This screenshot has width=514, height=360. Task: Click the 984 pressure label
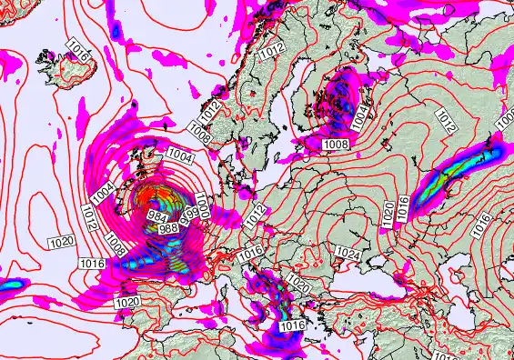pos(156,215)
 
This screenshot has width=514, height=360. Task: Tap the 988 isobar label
pos(168,228)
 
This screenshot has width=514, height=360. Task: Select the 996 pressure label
pos(189,218)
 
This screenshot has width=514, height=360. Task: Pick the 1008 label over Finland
pos(336,144)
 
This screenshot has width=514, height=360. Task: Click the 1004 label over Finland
pos(361,117)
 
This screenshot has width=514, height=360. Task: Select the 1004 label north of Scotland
pos(179,156)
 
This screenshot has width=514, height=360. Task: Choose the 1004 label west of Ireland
pos(103,193)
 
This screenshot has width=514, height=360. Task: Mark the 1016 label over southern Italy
pos(291,325)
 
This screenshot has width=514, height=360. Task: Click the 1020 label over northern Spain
pos(127,301)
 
